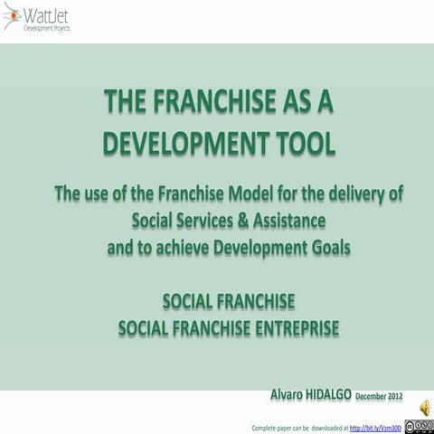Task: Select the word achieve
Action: point(176,245)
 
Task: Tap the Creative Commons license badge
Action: point(419,424)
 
